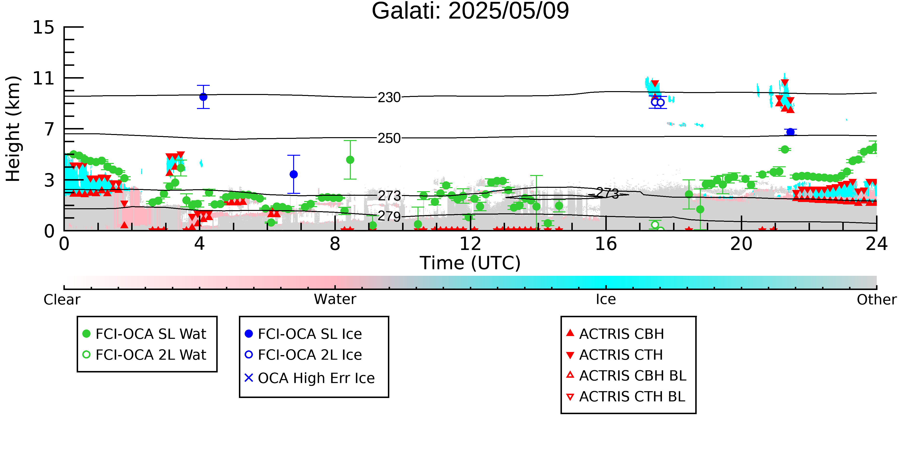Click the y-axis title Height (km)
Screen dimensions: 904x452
[13, 129]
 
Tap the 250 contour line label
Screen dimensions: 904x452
[389, 138]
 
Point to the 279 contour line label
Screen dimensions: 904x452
[389, 216]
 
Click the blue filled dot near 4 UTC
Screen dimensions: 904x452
[203, 97]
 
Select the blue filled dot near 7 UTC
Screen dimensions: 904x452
[294, 175]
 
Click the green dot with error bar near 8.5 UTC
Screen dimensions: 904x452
[350, 160]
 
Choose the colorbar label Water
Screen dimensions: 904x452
[335, 299]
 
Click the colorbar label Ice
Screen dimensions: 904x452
[606, 299]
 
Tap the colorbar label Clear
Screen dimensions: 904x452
[62, 299]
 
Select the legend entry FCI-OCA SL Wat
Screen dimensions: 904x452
[144, 334]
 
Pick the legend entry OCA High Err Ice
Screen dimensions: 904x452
[310, 378]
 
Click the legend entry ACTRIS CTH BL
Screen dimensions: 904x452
[626, 397]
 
